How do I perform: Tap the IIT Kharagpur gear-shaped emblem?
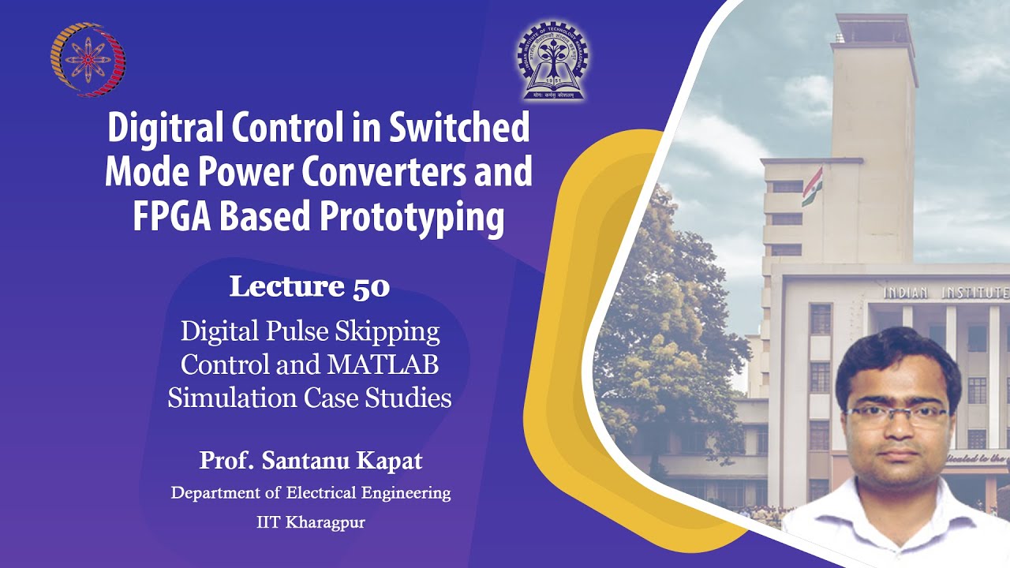(552, 61)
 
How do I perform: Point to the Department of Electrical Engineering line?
(311, 493)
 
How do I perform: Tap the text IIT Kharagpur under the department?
(311, 522)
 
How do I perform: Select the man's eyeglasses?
(898, 415)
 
